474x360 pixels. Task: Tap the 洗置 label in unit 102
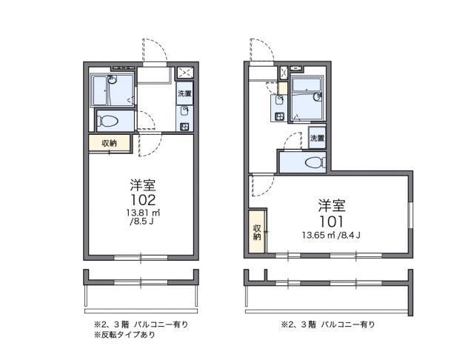click(184, 95)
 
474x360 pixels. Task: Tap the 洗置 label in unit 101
click(318, 138)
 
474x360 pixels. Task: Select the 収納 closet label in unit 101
click(256, 232)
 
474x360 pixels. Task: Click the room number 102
click(143, 200)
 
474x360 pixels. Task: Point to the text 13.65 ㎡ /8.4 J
click(331, 236)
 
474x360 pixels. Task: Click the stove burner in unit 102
click(184, 123)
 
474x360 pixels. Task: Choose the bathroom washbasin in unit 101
click(317, 96)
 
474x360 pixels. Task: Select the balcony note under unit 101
click(327, 324)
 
